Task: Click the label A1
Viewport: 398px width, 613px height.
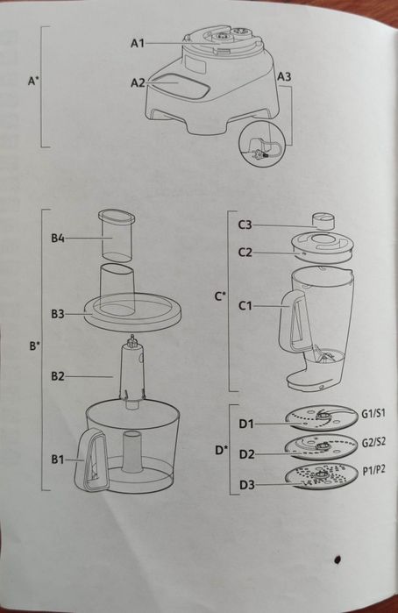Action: pyautogui.click(x=138, y=42)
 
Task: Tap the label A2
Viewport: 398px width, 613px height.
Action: pyautogui.click(x=138, y=82)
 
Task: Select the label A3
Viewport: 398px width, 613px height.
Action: pyautogui.click(x=285, y=77)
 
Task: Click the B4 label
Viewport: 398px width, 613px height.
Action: pyautogui.click(x=58, y=237)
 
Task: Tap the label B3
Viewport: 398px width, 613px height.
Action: pyautogui.click(x=58, y=313)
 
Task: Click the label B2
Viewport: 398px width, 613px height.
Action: pyautogui.click(x=58, y=376)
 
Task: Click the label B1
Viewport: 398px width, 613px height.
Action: pyautogui.click(x=58, y=458)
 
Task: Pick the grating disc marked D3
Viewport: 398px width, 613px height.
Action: pyautogui.click(x=321, y=481)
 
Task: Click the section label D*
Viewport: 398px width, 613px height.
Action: pyautogui.click(x=222, y=451)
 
